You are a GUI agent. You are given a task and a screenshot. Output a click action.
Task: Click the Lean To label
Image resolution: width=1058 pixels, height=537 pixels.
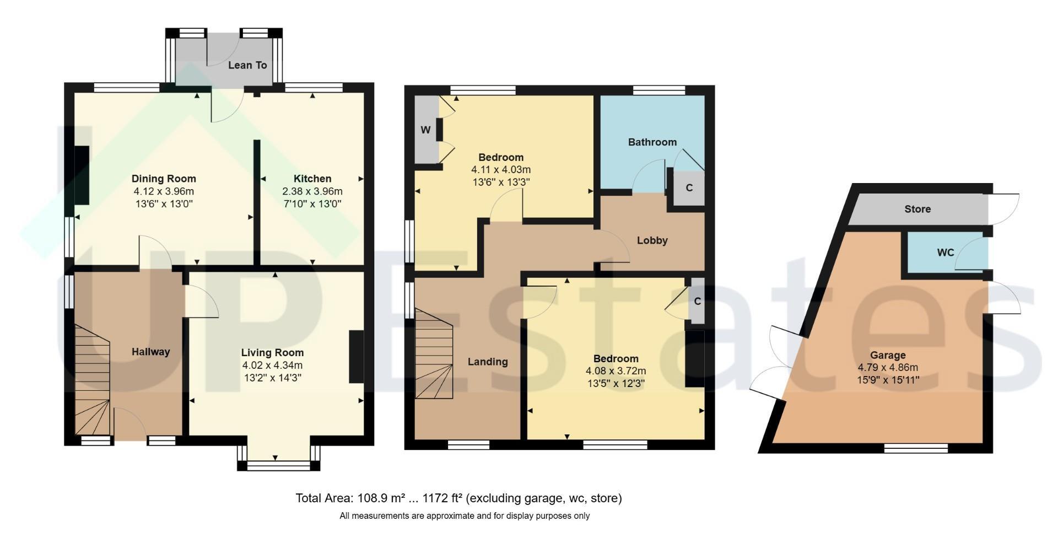tap(247, 65)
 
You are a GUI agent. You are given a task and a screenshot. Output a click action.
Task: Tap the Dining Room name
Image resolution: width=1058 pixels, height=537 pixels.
tap(164, 179)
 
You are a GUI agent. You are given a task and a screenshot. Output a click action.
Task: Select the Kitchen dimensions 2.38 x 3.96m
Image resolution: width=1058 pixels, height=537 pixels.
tap(312, 192)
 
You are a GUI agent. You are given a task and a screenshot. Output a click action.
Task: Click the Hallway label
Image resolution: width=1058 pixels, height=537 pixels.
tap(150, 352)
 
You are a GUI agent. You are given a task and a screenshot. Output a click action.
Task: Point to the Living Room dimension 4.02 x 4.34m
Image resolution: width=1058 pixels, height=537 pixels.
tap(272, 365)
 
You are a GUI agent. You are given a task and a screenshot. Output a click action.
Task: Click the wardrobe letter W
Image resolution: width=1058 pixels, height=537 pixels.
tap(425, 130)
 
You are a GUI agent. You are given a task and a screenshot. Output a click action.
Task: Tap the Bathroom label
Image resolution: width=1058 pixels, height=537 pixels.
tap(652, 142)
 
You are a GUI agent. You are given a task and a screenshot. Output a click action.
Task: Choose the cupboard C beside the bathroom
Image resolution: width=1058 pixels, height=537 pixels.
tap(689, 187)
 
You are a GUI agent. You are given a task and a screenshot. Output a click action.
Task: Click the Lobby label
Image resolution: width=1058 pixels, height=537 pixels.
tap(652, 240)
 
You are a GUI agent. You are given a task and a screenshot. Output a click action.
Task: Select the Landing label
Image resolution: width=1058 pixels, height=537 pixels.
tap(488, 362)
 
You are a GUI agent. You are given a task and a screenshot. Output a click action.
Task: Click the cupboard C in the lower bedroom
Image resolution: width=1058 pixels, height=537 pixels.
tap(698, 302)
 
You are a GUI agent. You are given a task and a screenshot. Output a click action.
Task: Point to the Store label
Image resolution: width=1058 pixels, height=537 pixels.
tap(917, 209)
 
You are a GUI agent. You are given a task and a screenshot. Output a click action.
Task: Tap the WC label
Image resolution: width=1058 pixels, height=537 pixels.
tap(946, 253)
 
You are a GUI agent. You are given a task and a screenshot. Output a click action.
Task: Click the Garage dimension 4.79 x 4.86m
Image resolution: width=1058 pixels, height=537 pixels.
tap(888, 368)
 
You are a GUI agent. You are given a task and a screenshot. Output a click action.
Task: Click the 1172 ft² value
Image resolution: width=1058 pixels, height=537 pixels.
tap(442, 498)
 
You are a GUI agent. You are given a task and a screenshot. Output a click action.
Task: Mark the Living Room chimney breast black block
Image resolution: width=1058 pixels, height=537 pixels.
tap(356, 357)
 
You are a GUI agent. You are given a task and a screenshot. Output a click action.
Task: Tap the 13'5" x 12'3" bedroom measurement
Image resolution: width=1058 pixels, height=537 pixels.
tap(616, 383)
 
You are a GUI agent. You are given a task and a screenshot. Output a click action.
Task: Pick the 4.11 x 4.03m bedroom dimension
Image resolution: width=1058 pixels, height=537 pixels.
tap(501, 170)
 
